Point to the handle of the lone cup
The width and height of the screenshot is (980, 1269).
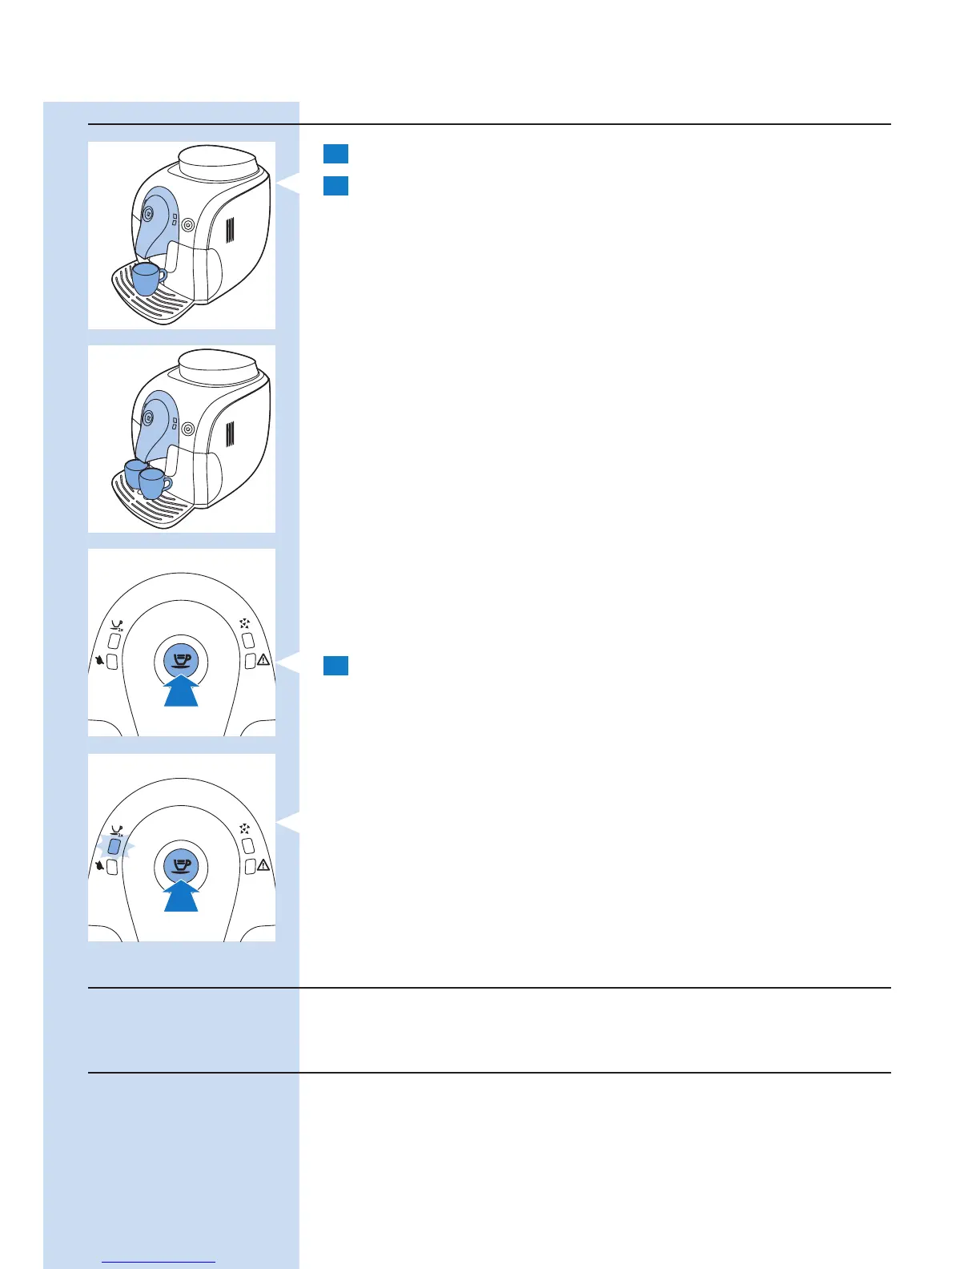[163, 276]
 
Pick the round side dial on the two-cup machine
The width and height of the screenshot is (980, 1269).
[187, 429]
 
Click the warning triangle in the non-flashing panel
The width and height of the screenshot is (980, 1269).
[263, 661]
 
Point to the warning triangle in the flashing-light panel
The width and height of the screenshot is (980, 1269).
[263, 866]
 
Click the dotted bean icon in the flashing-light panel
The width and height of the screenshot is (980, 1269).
[245, 828]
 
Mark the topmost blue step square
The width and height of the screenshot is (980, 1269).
[335, 154]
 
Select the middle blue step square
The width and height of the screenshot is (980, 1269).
[335, 186]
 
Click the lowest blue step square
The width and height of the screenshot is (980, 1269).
[335, 665]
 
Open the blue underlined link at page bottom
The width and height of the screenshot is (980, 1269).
[159, 1262]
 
